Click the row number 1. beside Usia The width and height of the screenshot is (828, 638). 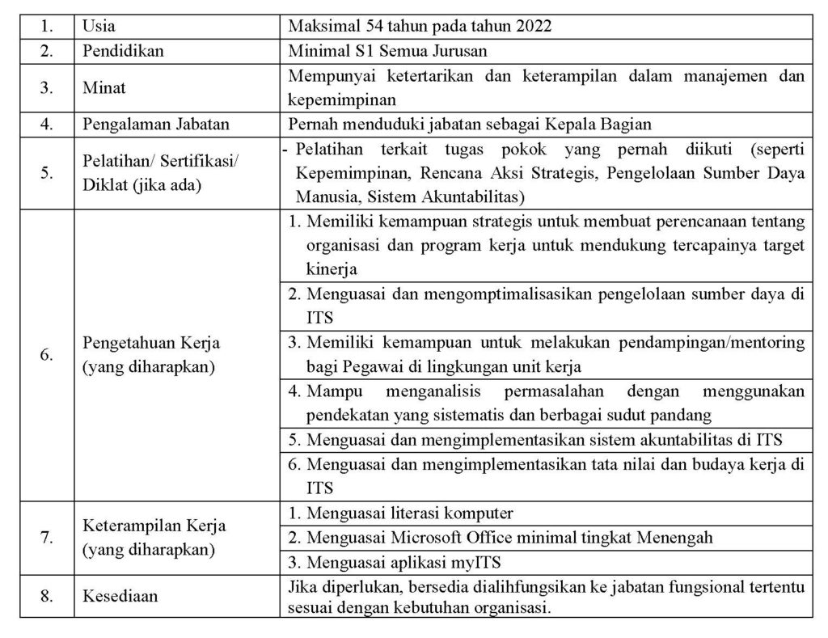click(x=47, y=26)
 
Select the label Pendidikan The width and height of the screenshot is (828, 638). click(x=123, y=50)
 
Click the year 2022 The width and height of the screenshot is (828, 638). click(x=535, y=26)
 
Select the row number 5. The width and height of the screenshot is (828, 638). click(x=47, y=172)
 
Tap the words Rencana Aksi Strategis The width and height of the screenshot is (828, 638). click(x=462, y=174)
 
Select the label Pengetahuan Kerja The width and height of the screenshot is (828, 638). click(x=152, y=343)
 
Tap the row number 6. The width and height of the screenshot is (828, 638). click(x=47, y=355)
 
